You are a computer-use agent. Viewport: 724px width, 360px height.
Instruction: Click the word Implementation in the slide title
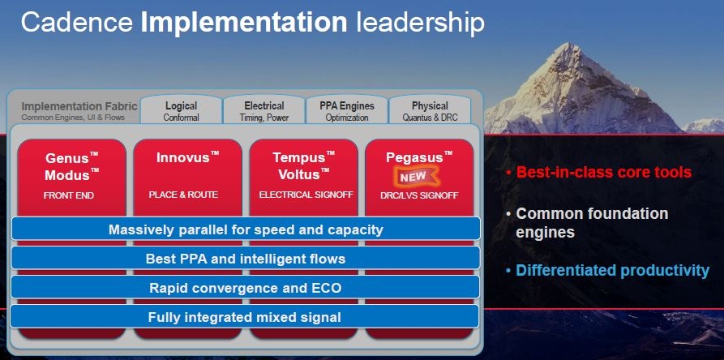pyautogui.click(x=244, y=23)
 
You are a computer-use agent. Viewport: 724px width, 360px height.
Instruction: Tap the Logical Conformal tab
pyautogui.click(x=181, y=109)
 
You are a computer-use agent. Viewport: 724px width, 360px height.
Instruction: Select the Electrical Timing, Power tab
pyautogui.click(x=264, y=109)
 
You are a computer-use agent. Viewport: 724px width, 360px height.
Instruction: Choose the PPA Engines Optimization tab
pyautogui.click(x=347, y=109)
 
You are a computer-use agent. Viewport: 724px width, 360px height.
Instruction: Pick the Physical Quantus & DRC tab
pyautogui.click(x=430, y=109)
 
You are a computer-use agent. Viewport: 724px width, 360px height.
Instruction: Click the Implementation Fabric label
pyautogui.click(x=79, y=106)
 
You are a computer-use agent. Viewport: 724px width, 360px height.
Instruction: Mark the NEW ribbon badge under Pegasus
pyautogui.click(x=414, y=177)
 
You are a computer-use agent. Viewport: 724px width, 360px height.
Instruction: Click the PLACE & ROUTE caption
pyautogui.click(x=183, y=195)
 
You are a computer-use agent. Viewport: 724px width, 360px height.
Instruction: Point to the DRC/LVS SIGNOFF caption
pyautogui.click(x=419, y=195)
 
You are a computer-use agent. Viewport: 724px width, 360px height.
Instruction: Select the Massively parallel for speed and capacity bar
pyautogui.click(x=246, y=229)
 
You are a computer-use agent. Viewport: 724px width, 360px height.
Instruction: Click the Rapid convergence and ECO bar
pyautogui.click(x=246, y=288)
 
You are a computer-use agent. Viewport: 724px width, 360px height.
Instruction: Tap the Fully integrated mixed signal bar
pyautogui.click(x=245, y=317)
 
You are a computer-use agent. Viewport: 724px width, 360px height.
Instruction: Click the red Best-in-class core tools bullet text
pyautogui.click(x=603, y=173)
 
